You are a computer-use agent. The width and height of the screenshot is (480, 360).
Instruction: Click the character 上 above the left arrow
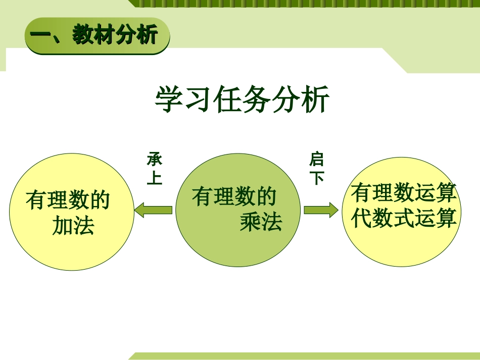click(x=155, y=178)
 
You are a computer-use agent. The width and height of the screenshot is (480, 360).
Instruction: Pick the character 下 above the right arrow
click(x=316, y=178)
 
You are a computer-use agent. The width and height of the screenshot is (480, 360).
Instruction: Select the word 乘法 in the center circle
click(x=261, y=222)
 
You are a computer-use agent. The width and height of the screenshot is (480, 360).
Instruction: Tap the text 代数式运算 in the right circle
click(x=404, y=218)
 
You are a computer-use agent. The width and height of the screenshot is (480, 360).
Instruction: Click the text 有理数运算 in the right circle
click(x=404, y=193)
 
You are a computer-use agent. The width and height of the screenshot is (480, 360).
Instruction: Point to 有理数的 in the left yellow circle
click(x=68, y=200)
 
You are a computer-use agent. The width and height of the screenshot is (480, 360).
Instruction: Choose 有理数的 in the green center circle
click(x=234, y=196)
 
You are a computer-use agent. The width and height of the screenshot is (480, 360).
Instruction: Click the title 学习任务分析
click(x=242, y=100)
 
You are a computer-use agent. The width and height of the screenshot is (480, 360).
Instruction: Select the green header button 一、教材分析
click(x=97, y=35)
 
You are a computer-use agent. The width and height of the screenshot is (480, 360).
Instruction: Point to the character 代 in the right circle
click(x=362, y=218)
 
